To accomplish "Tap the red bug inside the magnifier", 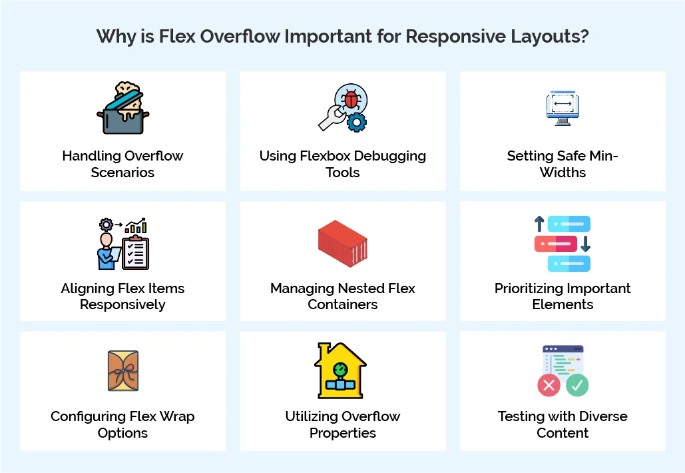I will click(x=350, y=100).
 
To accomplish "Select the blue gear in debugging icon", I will click(x=357, y=121).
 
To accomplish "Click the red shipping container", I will click(x=342, y=242).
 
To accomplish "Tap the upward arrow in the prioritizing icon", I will click(x=539, y=224).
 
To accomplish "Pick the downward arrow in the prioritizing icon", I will click(x=585, y=244).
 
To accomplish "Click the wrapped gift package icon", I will click(x=122, y=371).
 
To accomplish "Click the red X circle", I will click(x=549, y=385).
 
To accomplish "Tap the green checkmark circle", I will click(x=577, y=385).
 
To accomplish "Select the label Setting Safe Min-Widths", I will click(x=563, y=164).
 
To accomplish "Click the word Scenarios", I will click(x=122, y=173).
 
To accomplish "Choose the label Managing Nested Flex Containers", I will click(x=342, y=296).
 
